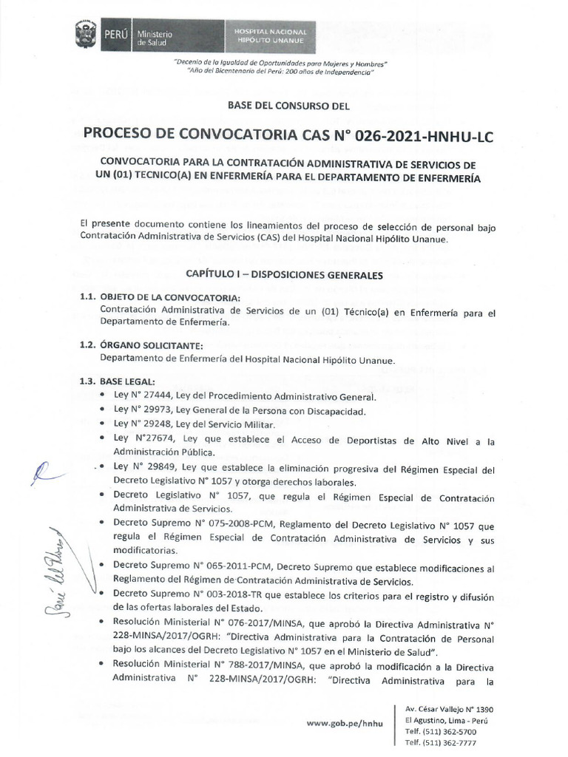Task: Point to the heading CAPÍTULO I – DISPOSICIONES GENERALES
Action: pos(283,275)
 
